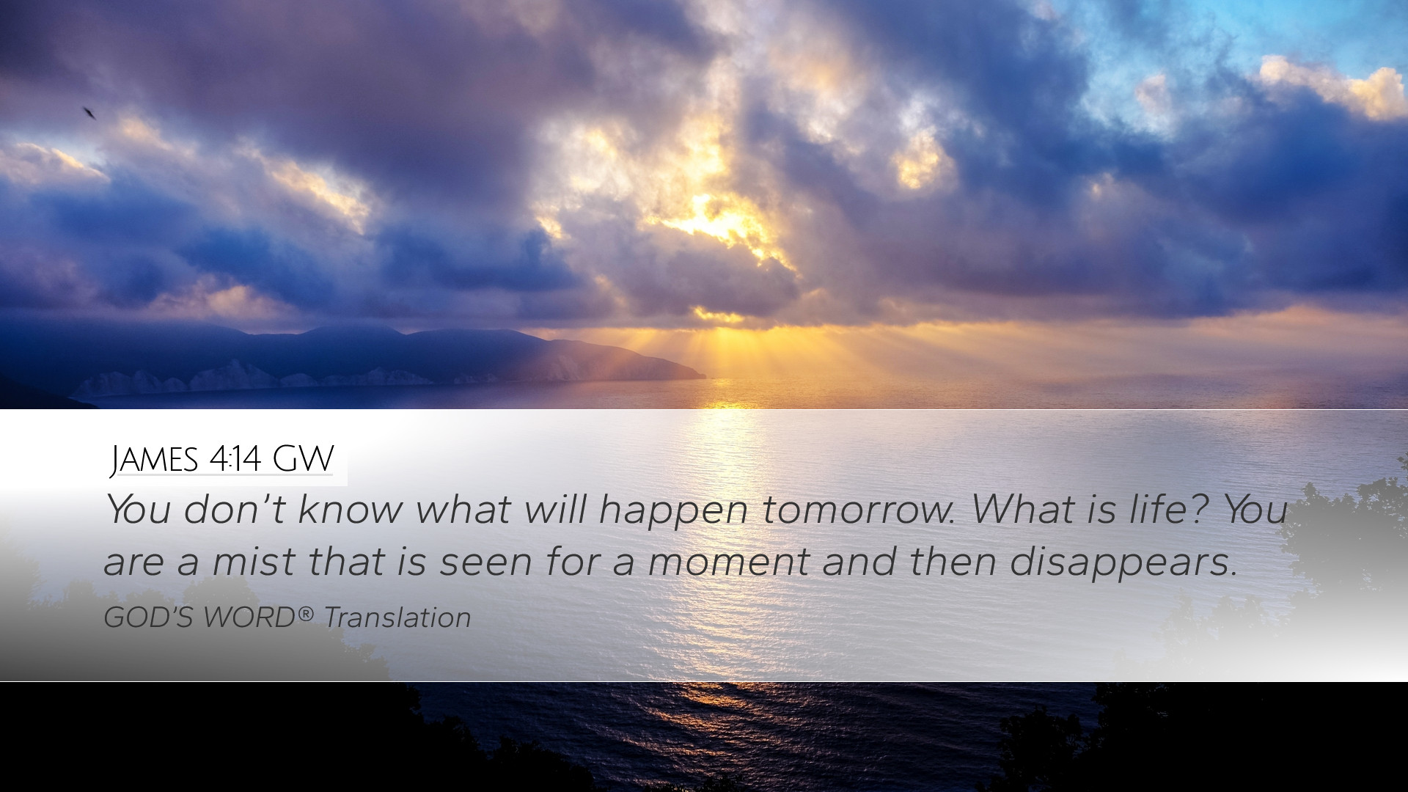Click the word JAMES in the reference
point(155,459)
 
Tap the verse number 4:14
point(235,459)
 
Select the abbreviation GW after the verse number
point(303,459)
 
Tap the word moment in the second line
point(728,562)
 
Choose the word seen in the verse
point(485,562)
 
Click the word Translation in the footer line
point(397,617)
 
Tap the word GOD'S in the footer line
point(148,617)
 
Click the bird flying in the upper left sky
point(89,113)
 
